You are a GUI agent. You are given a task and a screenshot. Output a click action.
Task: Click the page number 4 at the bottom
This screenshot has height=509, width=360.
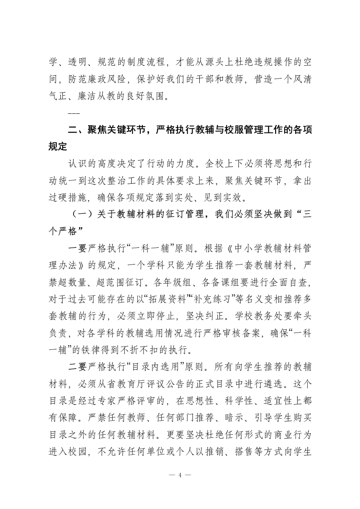pyautogui.click(x=180, y=475)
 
